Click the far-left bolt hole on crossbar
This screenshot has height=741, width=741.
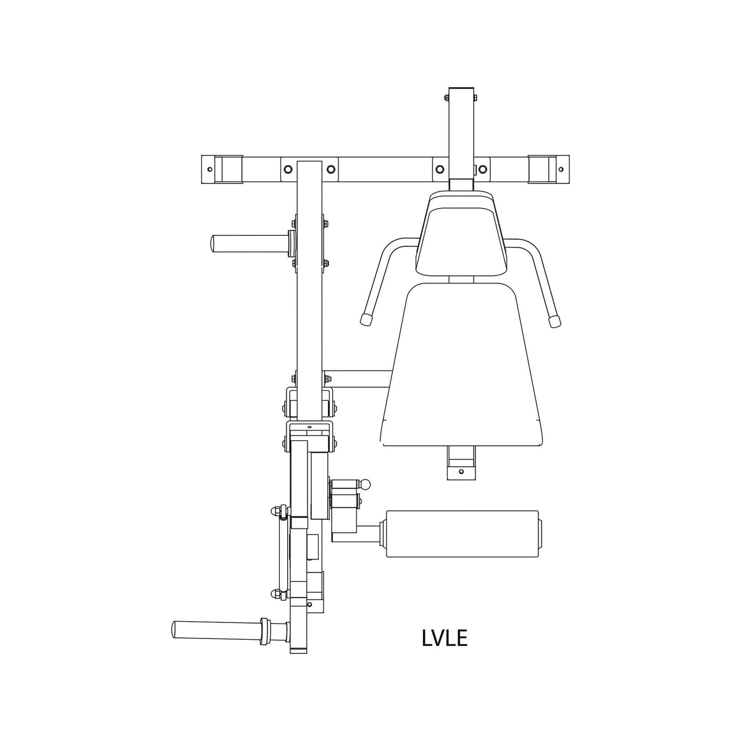209,169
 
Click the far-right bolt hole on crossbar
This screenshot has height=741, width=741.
561,169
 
